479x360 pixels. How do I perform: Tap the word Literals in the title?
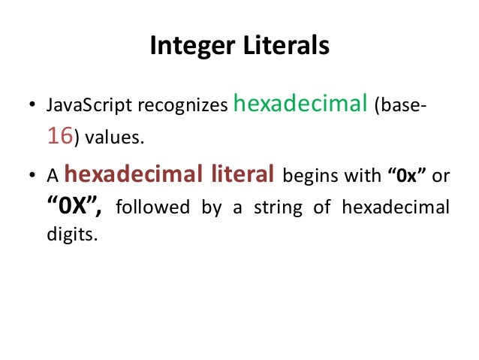click(x=288, y=46)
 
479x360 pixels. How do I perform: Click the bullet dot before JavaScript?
click(x=32, y=107)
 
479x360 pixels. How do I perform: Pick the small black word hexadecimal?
click(x=396, y=208)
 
